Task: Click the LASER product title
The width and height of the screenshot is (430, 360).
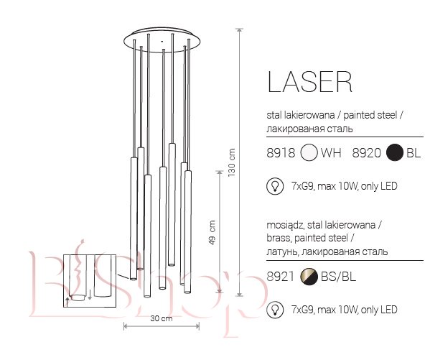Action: [309, 81]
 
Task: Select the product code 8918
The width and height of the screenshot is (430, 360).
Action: [281, 152]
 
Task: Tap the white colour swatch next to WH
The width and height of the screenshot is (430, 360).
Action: [309, 152]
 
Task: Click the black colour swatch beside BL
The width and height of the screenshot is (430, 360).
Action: [395, 152]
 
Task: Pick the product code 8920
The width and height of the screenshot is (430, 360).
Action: [366, 152]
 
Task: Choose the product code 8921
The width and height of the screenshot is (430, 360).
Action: [280, 277]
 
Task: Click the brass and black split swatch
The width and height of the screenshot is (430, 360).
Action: [309, 277]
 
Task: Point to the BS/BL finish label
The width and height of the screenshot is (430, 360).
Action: [338, 277]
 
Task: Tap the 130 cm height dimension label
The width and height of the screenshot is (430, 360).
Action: [232, 162]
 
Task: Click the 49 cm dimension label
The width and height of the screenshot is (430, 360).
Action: [212, 233]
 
